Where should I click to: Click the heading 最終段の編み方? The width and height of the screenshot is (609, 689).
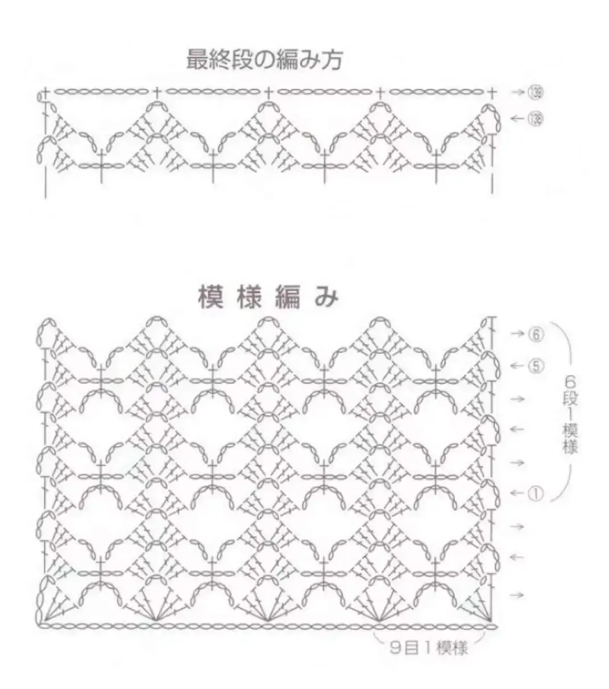pyautogui.click(x=264, y=59)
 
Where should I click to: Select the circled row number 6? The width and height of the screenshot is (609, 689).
pyautogui.click(x=535, y=334)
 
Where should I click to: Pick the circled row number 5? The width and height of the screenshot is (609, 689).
pyautogui.click(x=535, y=366)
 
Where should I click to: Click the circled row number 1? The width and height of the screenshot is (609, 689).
pyautogui.click(x=535, y=494)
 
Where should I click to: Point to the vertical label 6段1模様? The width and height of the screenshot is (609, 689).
pyautogui.click(x=570, y=414)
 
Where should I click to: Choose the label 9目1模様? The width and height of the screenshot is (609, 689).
pyautogui.click(x=429, y=648)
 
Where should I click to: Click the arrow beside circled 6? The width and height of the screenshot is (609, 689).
pyautogui.click(x=516, y=334)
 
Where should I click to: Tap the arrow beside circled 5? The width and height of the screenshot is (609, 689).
pyautogui.click(x=516, y=366)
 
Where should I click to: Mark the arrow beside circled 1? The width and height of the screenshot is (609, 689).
pyautogui.click(x=516, y=494)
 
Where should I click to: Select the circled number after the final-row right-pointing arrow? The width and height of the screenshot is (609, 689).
pyautogui.click(x=535, y=91)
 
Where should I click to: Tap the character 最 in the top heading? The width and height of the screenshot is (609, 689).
pyautogui.click(x=197, y=59)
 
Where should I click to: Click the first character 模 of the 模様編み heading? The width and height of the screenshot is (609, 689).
pyautogui.click(x=210, y=298)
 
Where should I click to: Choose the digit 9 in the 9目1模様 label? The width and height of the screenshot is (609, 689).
pyautogui.click(x=395, y=648)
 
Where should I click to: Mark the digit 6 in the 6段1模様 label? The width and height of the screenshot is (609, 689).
pyautogui.click(x=570, y=379)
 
